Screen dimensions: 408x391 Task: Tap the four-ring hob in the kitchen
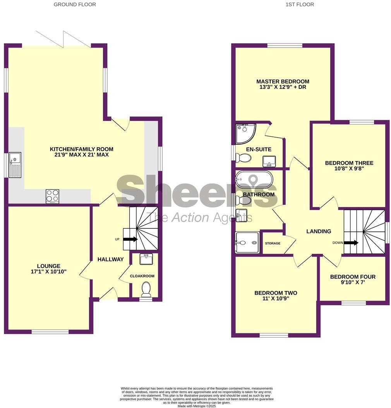tap(52, 196)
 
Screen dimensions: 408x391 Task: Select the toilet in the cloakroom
tap(146, 288)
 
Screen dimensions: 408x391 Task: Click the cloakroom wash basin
tap(146, 259)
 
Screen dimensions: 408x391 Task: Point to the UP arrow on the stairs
tap(130, 239)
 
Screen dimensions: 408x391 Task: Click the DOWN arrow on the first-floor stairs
tap(351, 243)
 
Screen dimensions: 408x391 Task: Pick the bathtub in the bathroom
tap(254, 180)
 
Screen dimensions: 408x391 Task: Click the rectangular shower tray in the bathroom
tap(247, 243)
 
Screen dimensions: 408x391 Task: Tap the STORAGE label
tap(273, 243)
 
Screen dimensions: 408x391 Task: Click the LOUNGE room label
tap(49, 266)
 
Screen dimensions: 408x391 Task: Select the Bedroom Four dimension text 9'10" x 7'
tap(353, 282)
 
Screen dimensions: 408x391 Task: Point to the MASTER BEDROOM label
tap(283, 82)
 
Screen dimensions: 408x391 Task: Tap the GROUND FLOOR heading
tap(75, 5)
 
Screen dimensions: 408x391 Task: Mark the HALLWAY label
tap(110, 259)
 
